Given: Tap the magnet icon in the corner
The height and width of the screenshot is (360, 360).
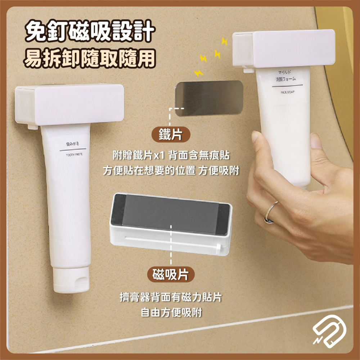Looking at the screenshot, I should point(329,330).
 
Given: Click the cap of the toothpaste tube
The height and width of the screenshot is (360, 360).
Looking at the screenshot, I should point(71,280).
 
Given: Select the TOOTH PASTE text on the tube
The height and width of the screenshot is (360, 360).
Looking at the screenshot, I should point(75,154).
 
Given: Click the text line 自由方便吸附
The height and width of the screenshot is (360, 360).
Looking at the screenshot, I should point(170,311).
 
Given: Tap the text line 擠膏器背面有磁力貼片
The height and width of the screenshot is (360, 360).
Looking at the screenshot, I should point(170,298).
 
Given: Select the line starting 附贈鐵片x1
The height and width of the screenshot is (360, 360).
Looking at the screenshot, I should point(170,156).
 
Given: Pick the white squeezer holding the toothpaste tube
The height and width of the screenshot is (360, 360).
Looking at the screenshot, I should point(69,104).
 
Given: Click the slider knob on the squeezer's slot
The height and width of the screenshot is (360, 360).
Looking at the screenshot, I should point(218,248).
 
